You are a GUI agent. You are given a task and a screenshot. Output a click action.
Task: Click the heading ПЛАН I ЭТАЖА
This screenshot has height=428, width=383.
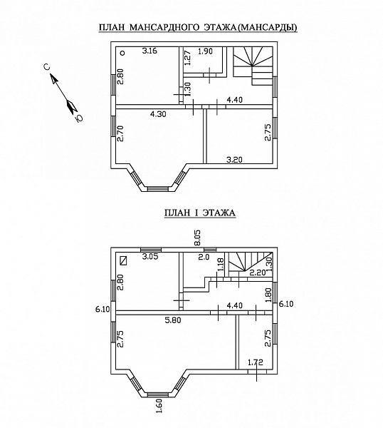200,213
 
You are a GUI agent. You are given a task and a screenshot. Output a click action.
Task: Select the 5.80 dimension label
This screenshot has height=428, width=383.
173,320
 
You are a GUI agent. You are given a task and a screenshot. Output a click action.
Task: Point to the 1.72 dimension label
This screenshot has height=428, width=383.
256,362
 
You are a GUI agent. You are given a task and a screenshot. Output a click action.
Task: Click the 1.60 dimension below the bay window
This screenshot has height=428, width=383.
160,414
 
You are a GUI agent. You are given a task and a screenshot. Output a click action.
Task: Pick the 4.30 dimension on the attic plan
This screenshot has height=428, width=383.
158,114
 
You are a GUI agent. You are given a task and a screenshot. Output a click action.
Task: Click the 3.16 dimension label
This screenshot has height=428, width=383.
149,51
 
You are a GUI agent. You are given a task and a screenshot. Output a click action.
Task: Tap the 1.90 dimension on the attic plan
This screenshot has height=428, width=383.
205,51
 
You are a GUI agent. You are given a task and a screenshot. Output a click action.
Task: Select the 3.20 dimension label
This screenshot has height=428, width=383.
234,159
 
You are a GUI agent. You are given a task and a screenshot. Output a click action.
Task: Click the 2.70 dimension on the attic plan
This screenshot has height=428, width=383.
120,133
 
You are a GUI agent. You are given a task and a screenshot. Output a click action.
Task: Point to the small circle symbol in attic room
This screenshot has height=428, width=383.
122,53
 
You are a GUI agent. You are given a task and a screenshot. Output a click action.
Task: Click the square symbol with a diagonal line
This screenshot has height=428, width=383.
124,260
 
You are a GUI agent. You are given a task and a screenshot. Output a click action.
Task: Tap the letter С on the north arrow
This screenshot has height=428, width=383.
47,67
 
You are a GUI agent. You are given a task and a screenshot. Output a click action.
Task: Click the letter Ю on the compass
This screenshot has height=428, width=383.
79,118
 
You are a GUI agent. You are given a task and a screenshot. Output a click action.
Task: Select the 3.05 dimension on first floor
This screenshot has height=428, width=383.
150,257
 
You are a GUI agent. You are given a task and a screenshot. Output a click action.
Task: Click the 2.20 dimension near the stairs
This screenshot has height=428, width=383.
258,272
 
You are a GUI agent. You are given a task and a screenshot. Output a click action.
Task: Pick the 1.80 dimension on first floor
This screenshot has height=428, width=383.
268,295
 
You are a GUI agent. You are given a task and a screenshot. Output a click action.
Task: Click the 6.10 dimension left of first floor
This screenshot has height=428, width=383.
103,310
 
